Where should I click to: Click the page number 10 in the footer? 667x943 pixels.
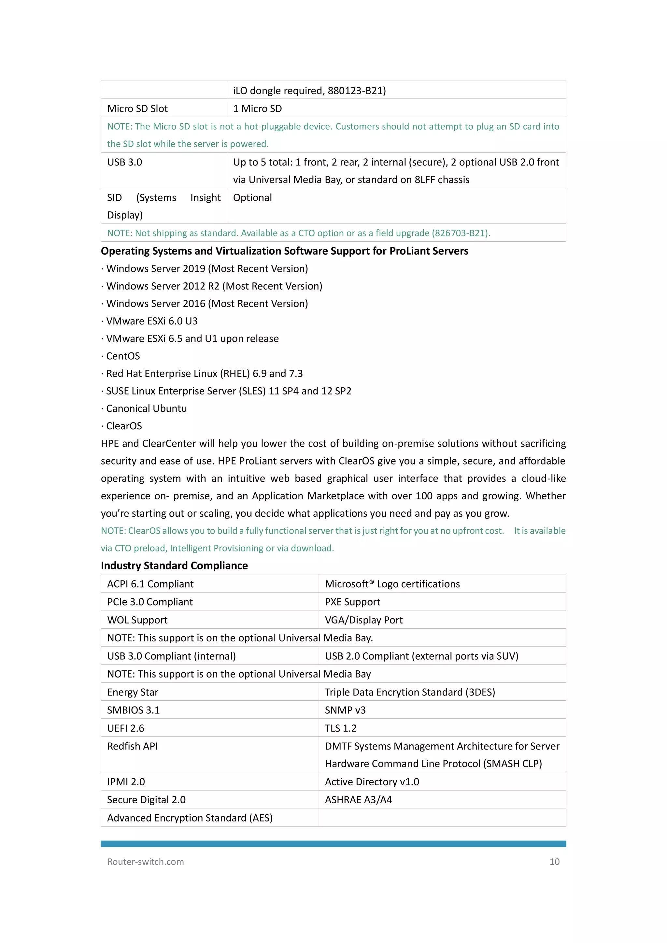pyautogui.click(x=554, y=862)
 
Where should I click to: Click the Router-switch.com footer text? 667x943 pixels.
pyautogui.click(x=145, y=862)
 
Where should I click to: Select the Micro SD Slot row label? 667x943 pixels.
pyautogui.click(x=137, y=108)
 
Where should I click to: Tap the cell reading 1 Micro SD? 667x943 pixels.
pyautogui.click(x=258, y=108)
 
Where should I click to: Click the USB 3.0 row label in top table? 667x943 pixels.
pyautogui.click(x=124, y=162)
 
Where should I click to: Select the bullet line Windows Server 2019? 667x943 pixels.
pyautogui.click(x=206, y=269)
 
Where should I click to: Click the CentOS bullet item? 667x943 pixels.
pyautogui.click(x=123, y=356)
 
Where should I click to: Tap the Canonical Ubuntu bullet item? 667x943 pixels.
pyautogui.click(x=146, y=409)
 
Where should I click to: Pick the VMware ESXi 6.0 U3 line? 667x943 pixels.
pyautogui.click(x=151, y=321)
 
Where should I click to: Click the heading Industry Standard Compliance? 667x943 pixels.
pyautogui.click(x=174, y=565)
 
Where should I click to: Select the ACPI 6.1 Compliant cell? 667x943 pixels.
pyautogui.click(x=150, y=584)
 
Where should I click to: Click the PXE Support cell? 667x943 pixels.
pyautogui.click(x=352, y=602)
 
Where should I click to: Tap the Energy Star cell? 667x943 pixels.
pyautogui.click(x=132, y=693)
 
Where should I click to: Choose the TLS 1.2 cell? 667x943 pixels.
pyautogui.click(x=340, y=728)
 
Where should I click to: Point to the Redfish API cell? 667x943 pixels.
pyautogui.click(x=132, y=746)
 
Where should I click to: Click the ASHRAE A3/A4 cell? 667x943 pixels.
pyautogui.click(x=358, y=800)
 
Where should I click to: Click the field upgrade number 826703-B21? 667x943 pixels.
pyautogui.click(x=460, y=233)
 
